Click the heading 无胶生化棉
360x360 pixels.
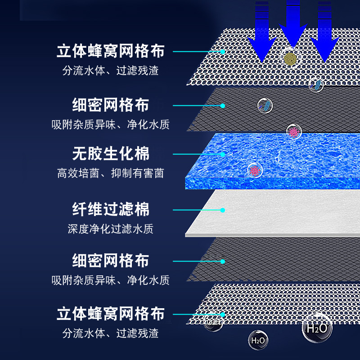coord(110,154)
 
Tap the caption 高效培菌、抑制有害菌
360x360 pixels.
coord(110,173)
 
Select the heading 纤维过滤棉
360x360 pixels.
coord(110,209)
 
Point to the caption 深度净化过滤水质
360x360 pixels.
coord(110,229)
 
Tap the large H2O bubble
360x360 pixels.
coord(317,328)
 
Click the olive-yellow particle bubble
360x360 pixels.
coord(291,58)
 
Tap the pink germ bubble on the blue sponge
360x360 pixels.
coord(255,171)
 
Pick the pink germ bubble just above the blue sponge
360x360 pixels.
coord(294,132)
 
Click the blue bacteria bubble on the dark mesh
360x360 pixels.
coord(265,105)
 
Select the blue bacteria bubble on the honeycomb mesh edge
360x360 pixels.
coord(316,84)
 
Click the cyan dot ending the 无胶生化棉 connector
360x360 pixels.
coord(222,154)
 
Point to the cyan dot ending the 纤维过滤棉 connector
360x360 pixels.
coord(222,210)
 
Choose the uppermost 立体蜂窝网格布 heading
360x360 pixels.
coord(110,51)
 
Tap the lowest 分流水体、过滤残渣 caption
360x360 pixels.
coord(110,333)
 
